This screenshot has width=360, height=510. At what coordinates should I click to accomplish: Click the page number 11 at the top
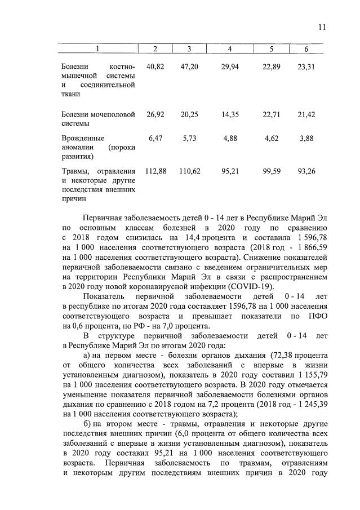[322, 26]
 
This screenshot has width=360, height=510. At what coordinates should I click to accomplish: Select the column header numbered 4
[230, 49]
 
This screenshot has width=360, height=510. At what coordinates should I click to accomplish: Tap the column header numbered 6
[306, 49]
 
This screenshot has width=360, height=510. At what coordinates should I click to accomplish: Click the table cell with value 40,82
[155, 66]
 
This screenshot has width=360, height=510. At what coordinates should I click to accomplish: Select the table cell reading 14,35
[230, 114]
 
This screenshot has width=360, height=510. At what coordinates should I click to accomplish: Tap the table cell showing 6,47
[156, 138]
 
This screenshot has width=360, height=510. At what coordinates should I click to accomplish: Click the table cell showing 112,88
[155, 171]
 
